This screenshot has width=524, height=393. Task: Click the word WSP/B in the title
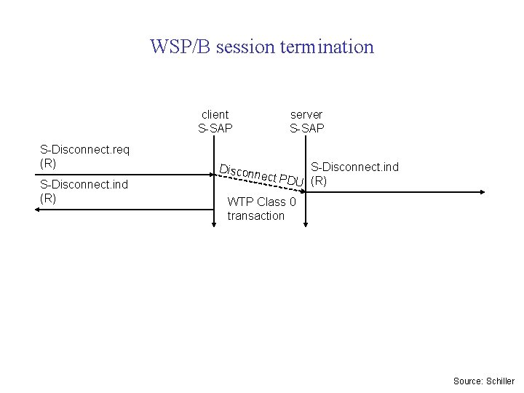(x=180, y=47)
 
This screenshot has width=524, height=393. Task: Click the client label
(x=215, y=114)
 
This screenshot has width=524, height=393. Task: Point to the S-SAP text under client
(x=215, y=128)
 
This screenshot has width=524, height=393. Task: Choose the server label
(x=306, y=114)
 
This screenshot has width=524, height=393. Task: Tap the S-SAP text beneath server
(x=307, y=128)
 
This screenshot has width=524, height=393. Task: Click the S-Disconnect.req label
(x=84, y=150)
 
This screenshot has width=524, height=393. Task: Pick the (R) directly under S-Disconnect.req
(x=48, y=163)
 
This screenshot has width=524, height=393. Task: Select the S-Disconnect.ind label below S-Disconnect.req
(x=84, y=184)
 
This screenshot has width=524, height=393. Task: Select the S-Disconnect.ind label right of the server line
(x=354, y=167)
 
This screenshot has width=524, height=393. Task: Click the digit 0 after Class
(x=292, y=202)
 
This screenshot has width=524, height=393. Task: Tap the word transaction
(x=255, y=215)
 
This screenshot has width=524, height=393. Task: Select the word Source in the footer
(x=466, y=381)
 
